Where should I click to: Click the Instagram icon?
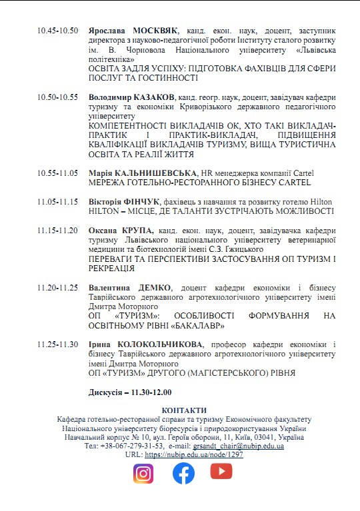[x=143, y=473]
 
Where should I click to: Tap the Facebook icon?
[x=183, y=473]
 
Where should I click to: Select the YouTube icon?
[x=221, y=472]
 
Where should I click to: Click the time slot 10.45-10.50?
[x=58, y=31]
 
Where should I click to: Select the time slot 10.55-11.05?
[x=58, y=173]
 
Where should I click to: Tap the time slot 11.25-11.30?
[x=58, y=344]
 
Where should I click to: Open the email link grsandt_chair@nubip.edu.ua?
[x=241, y=446]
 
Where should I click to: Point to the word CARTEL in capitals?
[x=293, y=182]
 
